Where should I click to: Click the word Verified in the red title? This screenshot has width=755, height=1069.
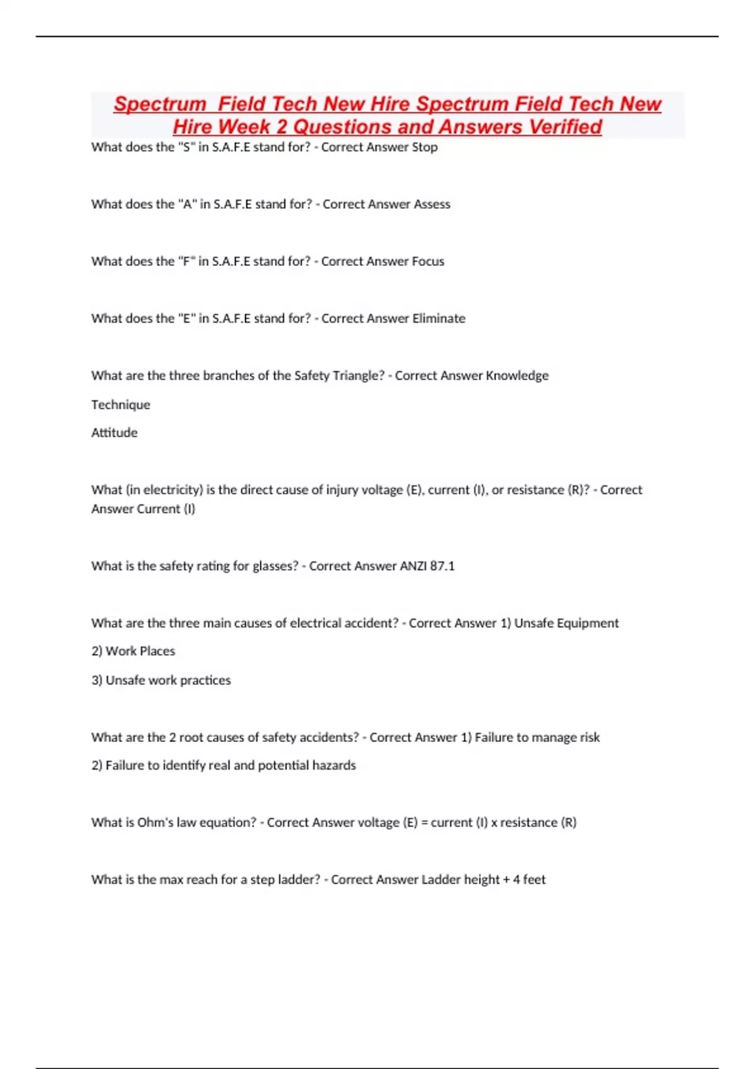pyautogui.click(x=565, y=127)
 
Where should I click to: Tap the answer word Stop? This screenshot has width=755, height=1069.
pyautogui.click(x=425, y=147)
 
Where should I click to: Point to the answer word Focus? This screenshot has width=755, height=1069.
pyautogui.click(x=428, y=262)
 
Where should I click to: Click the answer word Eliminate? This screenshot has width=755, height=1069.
pyautogui.click(x=439, y=319)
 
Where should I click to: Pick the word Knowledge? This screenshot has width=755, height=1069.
pyautogui.click(x=517, y=376)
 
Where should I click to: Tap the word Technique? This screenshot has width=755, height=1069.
pyautogui.click(x=121, y=405)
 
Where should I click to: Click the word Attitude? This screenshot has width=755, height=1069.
pyautogui.click(x=114, y=433)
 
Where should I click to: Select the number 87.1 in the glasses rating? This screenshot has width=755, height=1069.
pyautogui.click(x=442, y=566)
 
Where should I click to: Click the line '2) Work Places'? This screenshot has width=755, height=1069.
pyautogui.click(x=133, y=651)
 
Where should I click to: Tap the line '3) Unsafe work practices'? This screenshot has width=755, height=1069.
pyautogui.click(x=161, y=680)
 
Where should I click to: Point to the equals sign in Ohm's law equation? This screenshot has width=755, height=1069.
pyautogui.click(x=425, y=823)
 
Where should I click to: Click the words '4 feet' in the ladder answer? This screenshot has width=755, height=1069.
pyautogui.click(x=529, y=880)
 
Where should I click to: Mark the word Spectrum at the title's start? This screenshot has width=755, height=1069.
pyautogui.click(x=160, y=104)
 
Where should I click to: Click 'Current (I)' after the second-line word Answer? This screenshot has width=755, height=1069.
pyautogui.click(x=165, y=509)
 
